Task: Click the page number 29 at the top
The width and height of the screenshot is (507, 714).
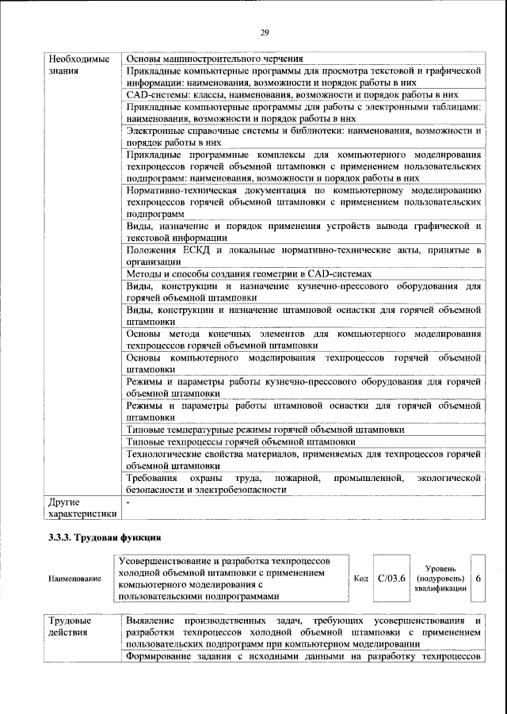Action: [265, 32]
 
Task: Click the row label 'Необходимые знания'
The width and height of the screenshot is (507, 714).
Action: [78, 66]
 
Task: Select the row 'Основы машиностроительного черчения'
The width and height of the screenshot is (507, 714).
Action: [214, 59]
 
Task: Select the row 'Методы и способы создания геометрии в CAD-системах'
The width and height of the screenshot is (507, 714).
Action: [248, 273]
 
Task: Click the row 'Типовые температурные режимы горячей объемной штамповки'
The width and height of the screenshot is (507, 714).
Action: [265, 430]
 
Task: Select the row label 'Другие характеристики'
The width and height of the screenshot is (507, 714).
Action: [82, 508]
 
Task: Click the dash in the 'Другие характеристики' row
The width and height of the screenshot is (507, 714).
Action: [128, 502]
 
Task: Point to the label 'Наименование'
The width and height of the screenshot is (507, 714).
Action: [74, 579]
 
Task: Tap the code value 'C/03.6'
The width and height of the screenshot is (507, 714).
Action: [392, 578]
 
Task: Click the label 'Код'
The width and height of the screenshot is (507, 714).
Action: [360, 579]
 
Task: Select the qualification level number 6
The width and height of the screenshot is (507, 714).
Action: [478, 578]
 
